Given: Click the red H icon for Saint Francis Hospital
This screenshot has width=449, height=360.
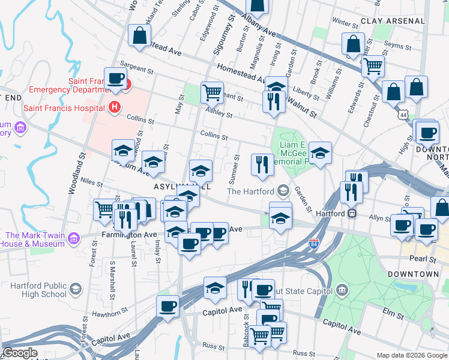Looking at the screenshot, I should pyautogui.click(x=115, y=108).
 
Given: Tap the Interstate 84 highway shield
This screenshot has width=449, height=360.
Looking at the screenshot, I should pyautogui.click(x=314, y=244).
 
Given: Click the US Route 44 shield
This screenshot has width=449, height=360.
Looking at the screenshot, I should pyautogui.click(x=402, y=113).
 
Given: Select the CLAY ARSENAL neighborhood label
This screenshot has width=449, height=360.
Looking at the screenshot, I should pyautogui.click(x=393, y=20).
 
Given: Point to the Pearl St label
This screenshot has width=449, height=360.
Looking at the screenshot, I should pyautogui.click(x=424, y=259).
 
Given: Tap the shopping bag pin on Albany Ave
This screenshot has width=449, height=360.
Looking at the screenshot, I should pyautogui.click(x=257, y=5).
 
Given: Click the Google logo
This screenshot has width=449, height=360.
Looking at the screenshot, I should pyautogui.click(x=20, y=353).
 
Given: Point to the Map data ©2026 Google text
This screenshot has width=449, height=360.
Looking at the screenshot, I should pyautogui.click(x=411, y=355).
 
